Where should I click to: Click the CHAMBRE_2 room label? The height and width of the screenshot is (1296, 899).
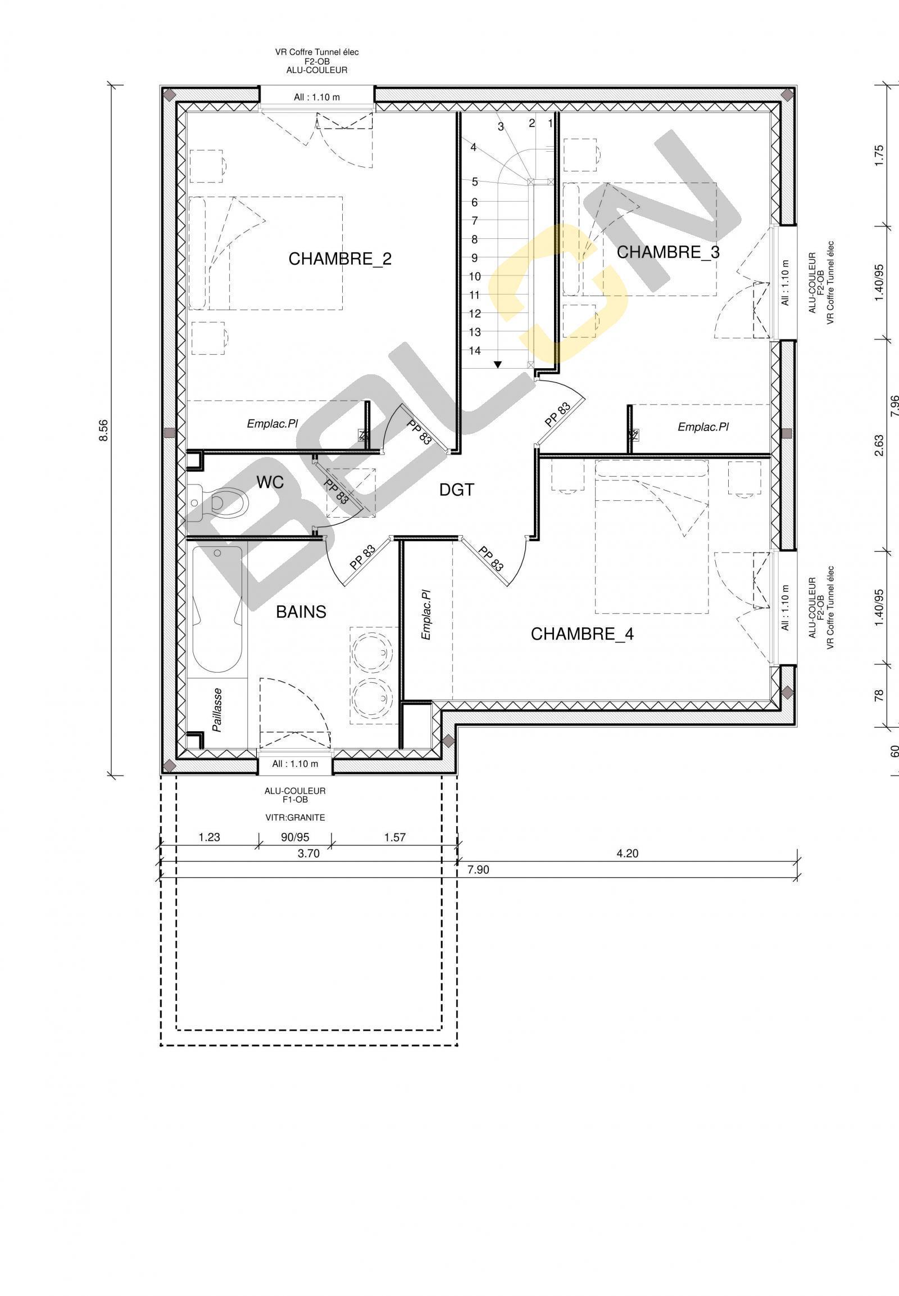pos(340,259)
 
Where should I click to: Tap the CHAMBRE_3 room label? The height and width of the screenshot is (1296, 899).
pos(668,252)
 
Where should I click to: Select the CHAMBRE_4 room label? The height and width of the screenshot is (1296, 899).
pos(582,635)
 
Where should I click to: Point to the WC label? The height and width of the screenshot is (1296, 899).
pos(270,482)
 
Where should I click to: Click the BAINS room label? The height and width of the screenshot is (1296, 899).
pos(301,612)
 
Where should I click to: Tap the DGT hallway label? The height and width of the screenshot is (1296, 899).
pos(457,490)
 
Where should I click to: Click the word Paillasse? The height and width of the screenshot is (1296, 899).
pos(217,709)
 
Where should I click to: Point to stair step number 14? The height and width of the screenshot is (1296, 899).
pos(475,351)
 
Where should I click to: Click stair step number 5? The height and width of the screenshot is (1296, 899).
pos(475,182)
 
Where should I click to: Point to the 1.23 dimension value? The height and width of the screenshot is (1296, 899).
pos(209,837)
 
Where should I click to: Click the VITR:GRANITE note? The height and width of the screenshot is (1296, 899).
pos(294,818)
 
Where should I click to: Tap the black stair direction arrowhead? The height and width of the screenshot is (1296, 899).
pos(498,364)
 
